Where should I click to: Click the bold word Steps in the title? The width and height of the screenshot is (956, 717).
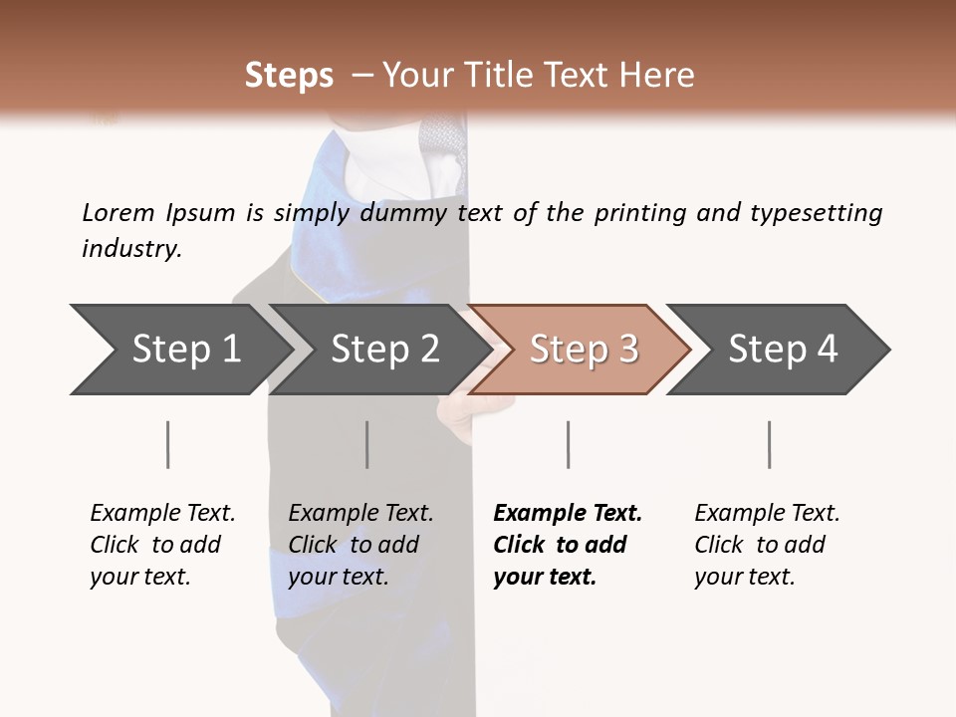[x=289, y=76]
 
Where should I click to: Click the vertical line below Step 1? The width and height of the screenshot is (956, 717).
[x=167, y=444]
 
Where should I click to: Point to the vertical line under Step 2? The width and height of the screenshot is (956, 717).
[x=367, y=444]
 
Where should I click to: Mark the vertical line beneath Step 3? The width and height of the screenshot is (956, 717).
[x=568, y=444]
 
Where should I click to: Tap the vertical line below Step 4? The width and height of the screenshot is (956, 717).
[x=769, y=444]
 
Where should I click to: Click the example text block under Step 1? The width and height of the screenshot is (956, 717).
[x=162, y=545]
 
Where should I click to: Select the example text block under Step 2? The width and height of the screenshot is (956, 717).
[x=360, y=545]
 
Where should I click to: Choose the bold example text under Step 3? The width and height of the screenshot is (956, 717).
[x=568, y=545]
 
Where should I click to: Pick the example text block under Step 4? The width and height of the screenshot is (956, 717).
[x=767, y=545]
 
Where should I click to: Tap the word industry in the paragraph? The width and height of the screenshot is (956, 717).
[x=131, y=248]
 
